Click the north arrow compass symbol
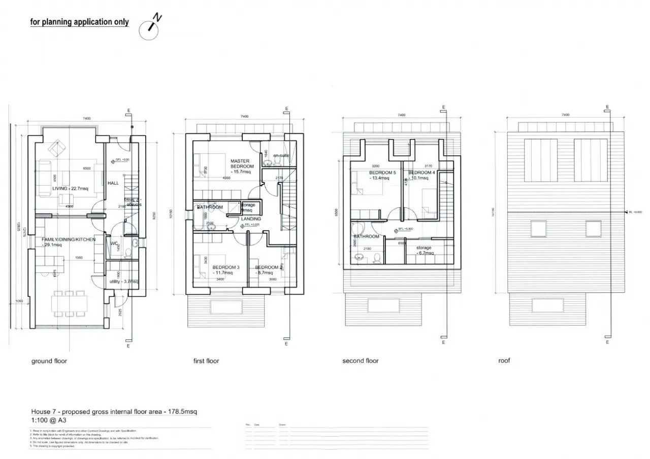click(149, 29)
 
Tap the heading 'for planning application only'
click(79, 22)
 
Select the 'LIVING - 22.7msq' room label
click(70, 189)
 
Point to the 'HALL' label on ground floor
click(113, 183)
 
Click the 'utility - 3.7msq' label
click(124, 281)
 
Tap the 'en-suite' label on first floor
click(281, 155)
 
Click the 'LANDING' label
click(251, 219)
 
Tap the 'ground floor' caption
click(49, 361)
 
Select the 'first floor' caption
click(206, 361)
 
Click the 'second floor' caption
click(361, 361)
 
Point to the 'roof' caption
click(504, 361)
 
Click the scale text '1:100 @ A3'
click(49, 420)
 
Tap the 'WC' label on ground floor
click(114, 243)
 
